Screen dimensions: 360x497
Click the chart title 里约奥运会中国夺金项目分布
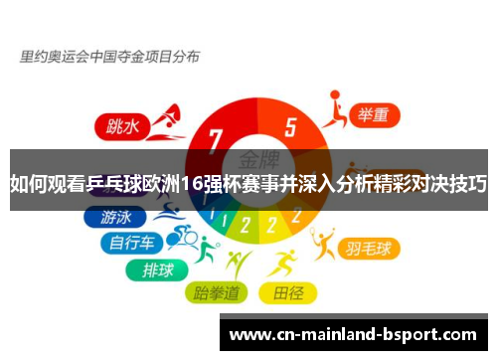109,57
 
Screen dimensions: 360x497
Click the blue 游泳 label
116,216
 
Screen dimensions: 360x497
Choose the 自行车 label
132,242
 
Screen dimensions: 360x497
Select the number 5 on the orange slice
290,127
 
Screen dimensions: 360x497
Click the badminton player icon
322,241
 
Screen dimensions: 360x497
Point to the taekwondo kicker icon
237,265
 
